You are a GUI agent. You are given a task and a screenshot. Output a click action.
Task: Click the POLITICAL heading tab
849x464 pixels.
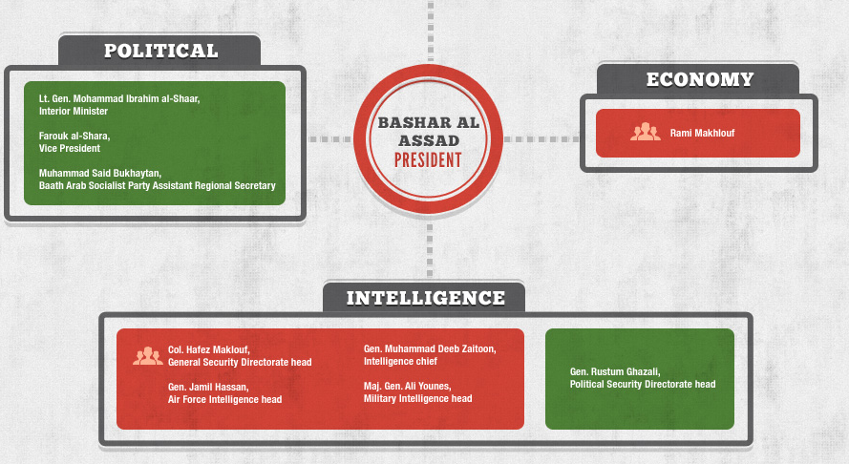click(x=160, y=51)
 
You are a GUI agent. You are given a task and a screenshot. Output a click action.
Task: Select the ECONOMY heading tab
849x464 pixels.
click(x=699, y=79)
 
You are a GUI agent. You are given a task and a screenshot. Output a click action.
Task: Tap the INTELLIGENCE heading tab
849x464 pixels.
click(x=425, y=298)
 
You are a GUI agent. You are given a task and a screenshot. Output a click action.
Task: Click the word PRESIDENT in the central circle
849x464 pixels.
click(x=428, y=159)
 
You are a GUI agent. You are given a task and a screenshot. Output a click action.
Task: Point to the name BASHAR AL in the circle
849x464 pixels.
click(x=428, y=123)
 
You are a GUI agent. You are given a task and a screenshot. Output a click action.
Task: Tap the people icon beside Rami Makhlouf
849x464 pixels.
click(x=646, y=133)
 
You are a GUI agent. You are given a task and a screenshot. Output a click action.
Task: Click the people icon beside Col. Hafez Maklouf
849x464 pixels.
click(x=147, y=356)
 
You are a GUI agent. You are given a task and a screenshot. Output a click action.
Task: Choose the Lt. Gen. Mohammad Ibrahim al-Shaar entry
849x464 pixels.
click(x=119, y=105)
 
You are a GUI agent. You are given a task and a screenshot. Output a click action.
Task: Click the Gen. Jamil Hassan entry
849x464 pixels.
click(x=224, y=392)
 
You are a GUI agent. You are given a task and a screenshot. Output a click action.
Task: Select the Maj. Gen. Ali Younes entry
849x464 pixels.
click(x=417, y=391)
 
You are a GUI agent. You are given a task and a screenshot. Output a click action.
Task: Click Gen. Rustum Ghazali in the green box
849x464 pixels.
click(x=642, y=378)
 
